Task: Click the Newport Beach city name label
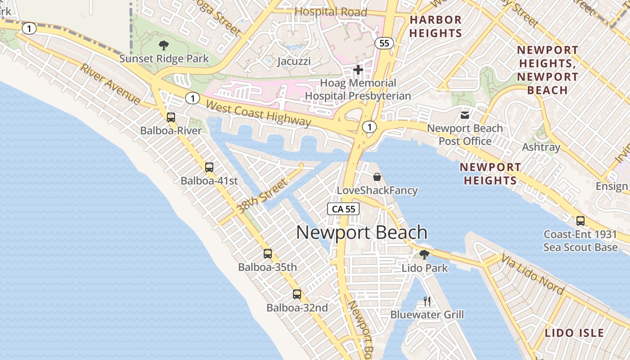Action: (362, 233)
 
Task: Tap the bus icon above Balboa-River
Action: (171, 117)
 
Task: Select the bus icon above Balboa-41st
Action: (209, 167)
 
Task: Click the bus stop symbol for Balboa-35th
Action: (268, 254)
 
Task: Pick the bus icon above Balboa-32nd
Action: (297, 294)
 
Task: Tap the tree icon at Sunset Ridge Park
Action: (164, 45)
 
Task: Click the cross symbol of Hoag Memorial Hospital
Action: (358, 70)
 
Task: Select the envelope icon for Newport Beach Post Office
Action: (465, 115)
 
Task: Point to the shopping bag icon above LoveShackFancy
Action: (377, 177)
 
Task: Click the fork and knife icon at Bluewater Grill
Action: (427, 301)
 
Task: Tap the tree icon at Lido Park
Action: (424, 255)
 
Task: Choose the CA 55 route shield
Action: (344, 209)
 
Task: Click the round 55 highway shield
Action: (384, 43)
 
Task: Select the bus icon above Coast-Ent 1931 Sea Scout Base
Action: (580, 221)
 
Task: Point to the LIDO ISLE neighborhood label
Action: (574, 333)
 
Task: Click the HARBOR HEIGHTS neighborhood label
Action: (435, 27)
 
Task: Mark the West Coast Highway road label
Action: (258, 113)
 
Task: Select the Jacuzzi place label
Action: (294, 61)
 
